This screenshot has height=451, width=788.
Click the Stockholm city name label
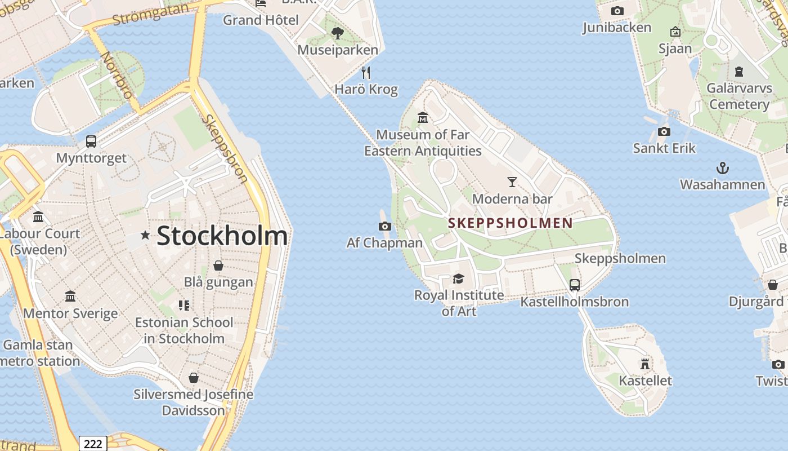point(222,236)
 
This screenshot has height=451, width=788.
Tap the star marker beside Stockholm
point(145,235)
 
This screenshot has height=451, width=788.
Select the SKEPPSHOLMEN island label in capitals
point(510,223)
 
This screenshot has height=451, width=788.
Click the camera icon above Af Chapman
point(385,227)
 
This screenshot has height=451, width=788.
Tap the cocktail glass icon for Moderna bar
point(512,182)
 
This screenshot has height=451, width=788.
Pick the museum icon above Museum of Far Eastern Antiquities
point(423,118)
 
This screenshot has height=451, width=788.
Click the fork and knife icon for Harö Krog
point(366,73)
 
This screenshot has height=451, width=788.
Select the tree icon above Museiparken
point(338,33)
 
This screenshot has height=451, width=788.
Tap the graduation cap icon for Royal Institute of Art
point(459,278)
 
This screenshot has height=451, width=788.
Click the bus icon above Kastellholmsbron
point(574,285)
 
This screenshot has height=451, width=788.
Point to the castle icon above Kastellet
point(645,364)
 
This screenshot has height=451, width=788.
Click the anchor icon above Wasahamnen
point(722,168)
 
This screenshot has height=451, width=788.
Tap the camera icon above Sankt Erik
point(664,132)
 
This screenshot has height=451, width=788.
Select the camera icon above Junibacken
point(617,11)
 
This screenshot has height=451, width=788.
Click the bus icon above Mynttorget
point(91,142)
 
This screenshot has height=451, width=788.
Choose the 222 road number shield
point(93,444)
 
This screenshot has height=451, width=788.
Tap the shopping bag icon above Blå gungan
point(218,266)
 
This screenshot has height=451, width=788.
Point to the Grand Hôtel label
point(261,20)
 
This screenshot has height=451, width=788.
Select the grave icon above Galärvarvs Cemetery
point(738,72)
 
